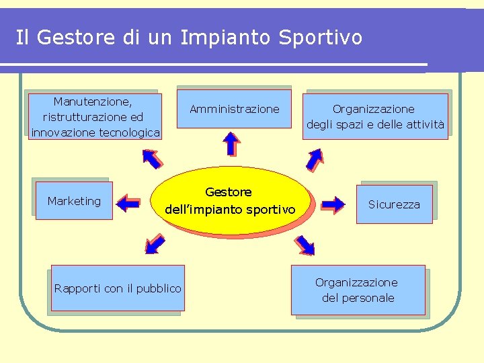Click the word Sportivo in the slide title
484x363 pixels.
click(x=321, y=37)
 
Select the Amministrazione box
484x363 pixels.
click(x=234, y=109)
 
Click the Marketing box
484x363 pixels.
click(x=74, y=201)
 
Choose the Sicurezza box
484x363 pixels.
click(x=394, y=204)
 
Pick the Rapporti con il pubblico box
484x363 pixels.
click(x=118, y=288)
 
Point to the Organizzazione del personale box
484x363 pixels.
click(x=358, y=290)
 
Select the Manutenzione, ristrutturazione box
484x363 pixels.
click(x=95, y=116)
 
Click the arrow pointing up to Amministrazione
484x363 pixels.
click(x=231, y=143)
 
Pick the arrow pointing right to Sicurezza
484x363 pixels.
click(x=333, y=203)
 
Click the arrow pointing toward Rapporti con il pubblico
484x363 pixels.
click(x=155, y=243)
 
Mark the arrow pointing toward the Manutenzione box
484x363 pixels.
click(x=152, y=157)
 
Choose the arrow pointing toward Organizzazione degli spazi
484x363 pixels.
click(x=314, y=159)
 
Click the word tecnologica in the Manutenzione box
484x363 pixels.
click(x=129, y=132)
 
